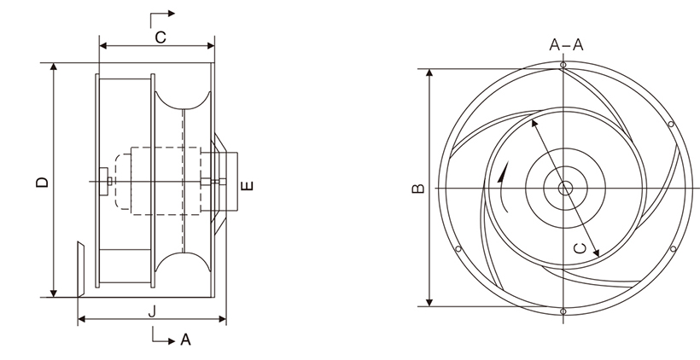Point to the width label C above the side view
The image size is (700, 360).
click(160, 36)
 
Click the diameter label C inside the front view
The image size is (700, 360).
click(579, 247)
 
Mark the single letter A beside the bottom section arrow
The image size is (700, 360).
click(185, 340)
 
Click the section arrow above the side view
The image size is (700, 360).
click(162, 15)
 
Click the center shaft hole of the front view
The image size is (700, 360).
click(563, 188)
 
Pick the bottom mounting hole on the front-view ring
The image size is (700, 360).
click(563, 311)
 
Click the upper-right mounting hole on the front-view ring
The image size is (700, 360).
click(671, 125)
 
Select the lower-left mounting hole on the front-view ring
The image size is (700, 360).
click(458, 250)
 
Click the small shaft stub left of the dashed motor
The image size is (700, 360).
click(104, 181)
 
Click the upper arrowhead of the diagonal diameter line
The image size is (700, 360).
click(535, 125)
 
